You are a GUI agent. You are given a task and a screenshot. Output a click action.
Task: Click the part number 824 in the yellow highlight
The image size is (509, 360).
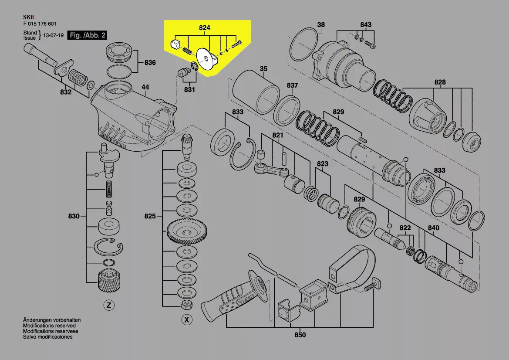point(205,28)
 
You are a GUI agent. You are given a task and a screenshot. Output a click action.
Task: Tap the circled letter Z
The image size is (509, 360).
point(109,305)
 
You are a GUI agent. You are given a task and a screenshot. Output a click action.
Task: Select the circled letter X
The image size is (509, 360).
point(187,319)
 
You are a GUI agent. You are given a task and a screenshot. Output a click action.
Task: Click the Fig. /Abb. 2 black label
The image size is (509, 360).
point(87,35)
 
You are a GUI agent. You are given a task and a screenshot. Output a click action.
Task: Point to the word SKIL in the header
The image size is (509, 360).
point(29,17)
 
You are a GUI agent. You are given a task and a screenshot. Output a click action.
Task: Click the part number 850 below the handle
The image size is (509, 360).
point(300,335)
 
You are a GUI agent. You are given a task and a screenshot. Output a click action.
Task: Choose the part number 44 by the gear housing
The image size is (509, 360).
point(145,87)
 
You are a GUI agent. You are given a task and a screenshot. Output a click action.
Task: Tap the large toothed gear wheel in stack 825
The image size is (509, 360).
point(187,232)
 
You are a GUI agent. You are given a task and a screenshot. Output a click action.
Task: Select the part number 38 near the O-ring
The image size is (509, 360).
point(321,25)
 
